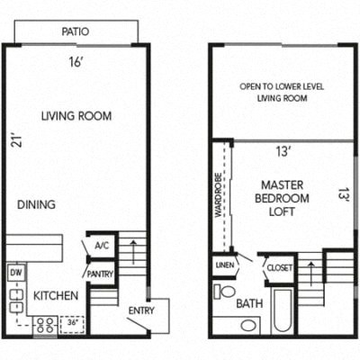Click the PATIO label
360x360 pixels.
(x=76, y=31)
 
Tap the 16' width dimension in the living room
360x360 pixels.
(x=76, y=62)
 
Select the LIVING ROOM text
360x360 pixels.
(x=76, y=115)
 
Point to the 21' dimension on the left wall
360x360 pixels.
(x=13, y=141)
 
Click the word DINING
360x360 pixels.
(x=36, y=204)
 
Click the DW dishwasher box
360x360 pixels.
(x=15, y=271)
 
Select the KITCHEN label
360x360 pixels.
(x=55, y=295)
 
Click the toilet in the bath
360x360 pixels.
(x=226, y=293)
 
